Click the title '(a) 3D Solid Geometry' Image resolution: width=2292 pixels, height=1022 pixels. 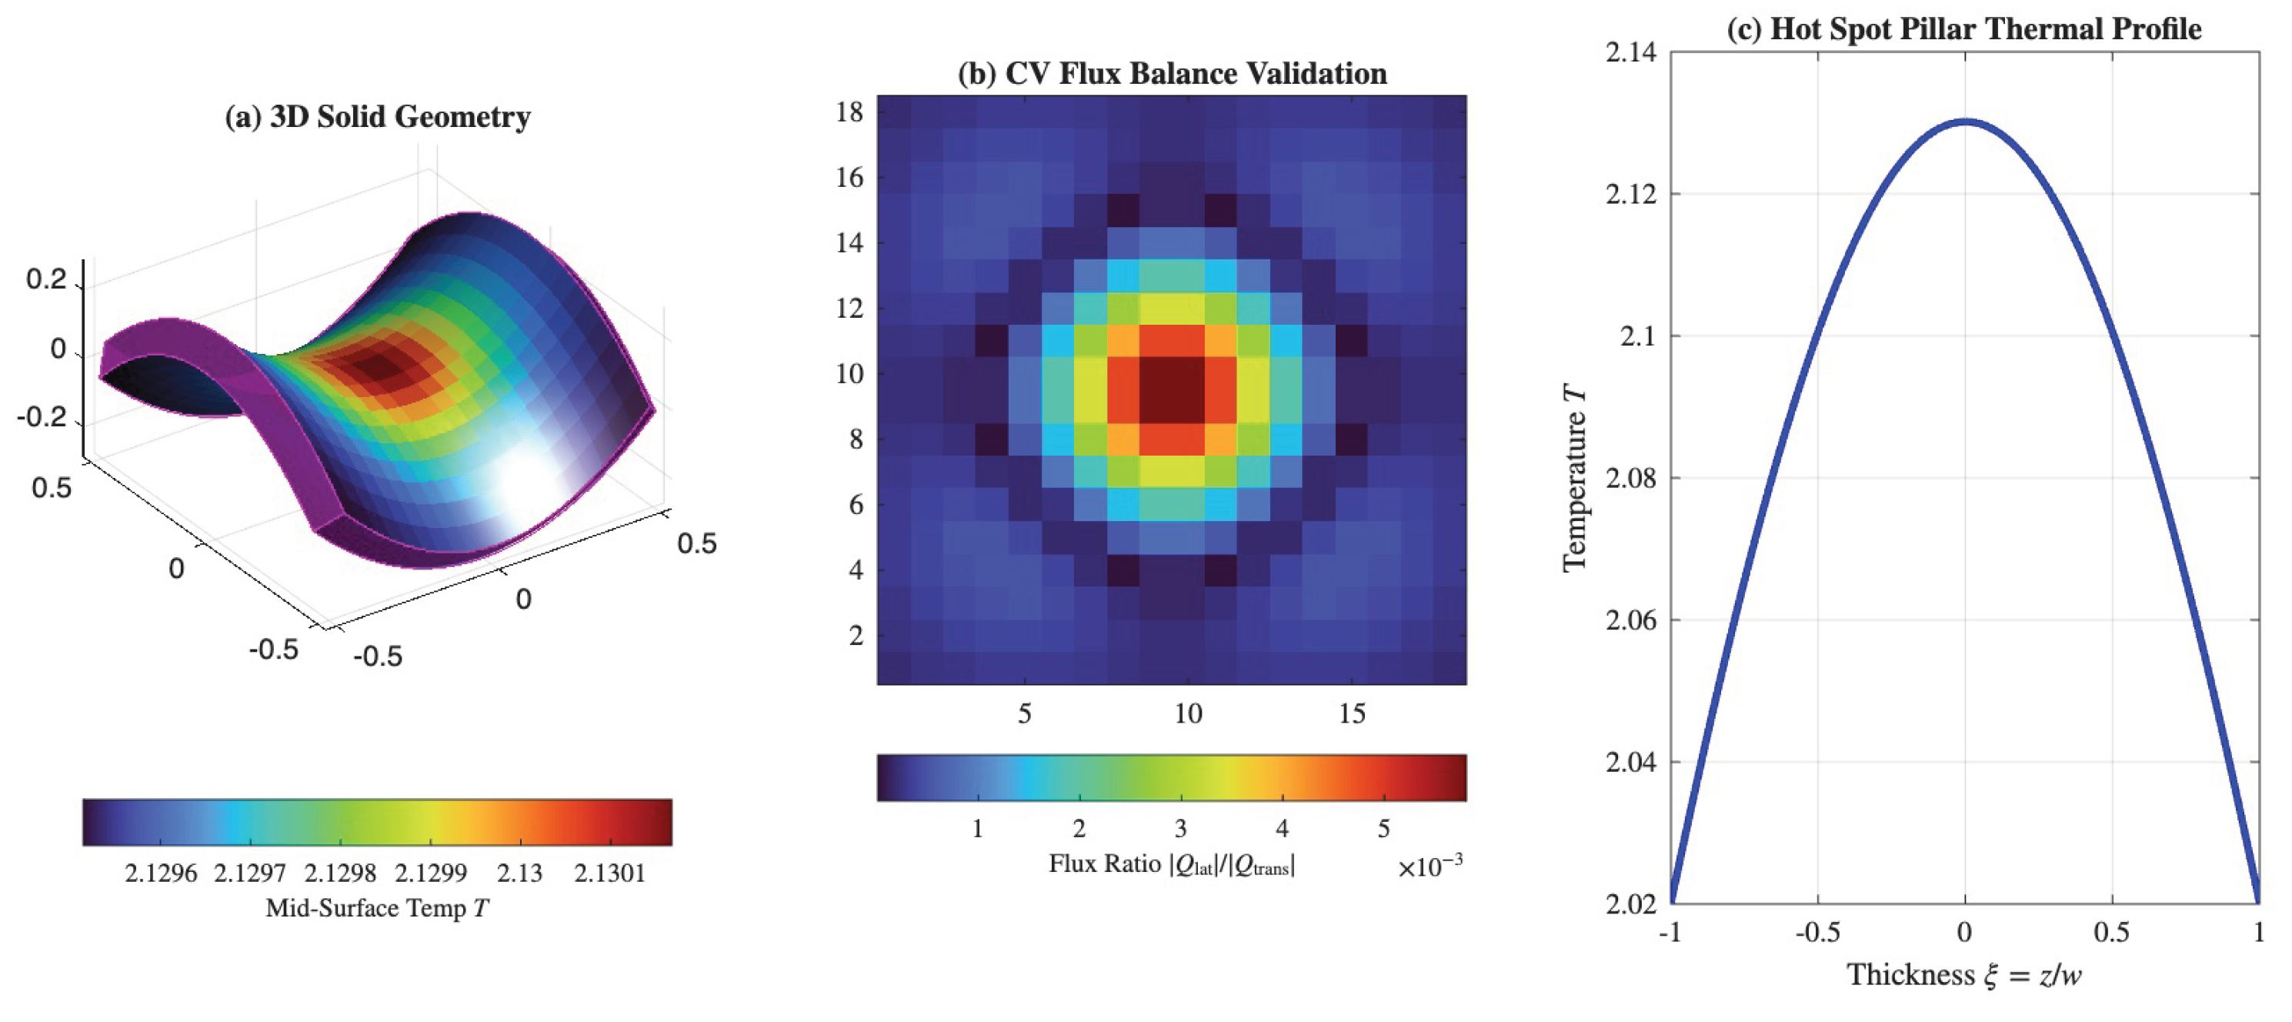point(377,117)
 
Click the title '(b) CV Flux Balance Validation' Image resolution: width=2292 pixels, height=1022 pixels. point(1172,73)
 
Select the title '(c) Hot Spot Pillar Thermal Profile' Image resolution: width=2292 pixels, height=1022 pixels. point(1963,28)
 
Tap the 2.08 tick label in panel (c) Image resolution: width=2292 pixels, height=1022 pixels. point(1632,478)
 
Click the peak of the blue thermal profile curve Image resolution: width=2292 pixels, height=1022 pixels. point(1964,121)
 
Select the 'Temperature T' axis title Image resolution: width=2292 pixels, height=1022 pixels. point(1575,477)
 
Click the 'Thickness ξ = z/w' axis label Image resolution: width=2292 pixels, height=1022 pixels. point(1963,975)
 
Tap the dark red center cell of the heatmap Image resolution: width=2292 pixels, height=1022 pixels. point(1172,390)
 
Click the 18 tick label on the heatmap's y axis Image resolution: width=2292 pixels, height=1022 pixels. point(849,112)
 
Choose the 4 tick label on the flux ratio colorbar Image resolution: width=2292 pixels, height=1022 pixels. point(1282,829)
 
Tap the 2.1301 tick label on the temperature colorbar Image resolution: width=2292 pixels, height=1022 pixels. point(609,873)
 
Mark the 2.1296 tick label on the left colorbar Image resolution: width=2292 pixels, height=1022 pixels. point(161,873)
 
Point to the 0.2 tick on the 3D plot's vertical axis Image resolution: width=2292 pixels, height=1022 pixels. point(46,279)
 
